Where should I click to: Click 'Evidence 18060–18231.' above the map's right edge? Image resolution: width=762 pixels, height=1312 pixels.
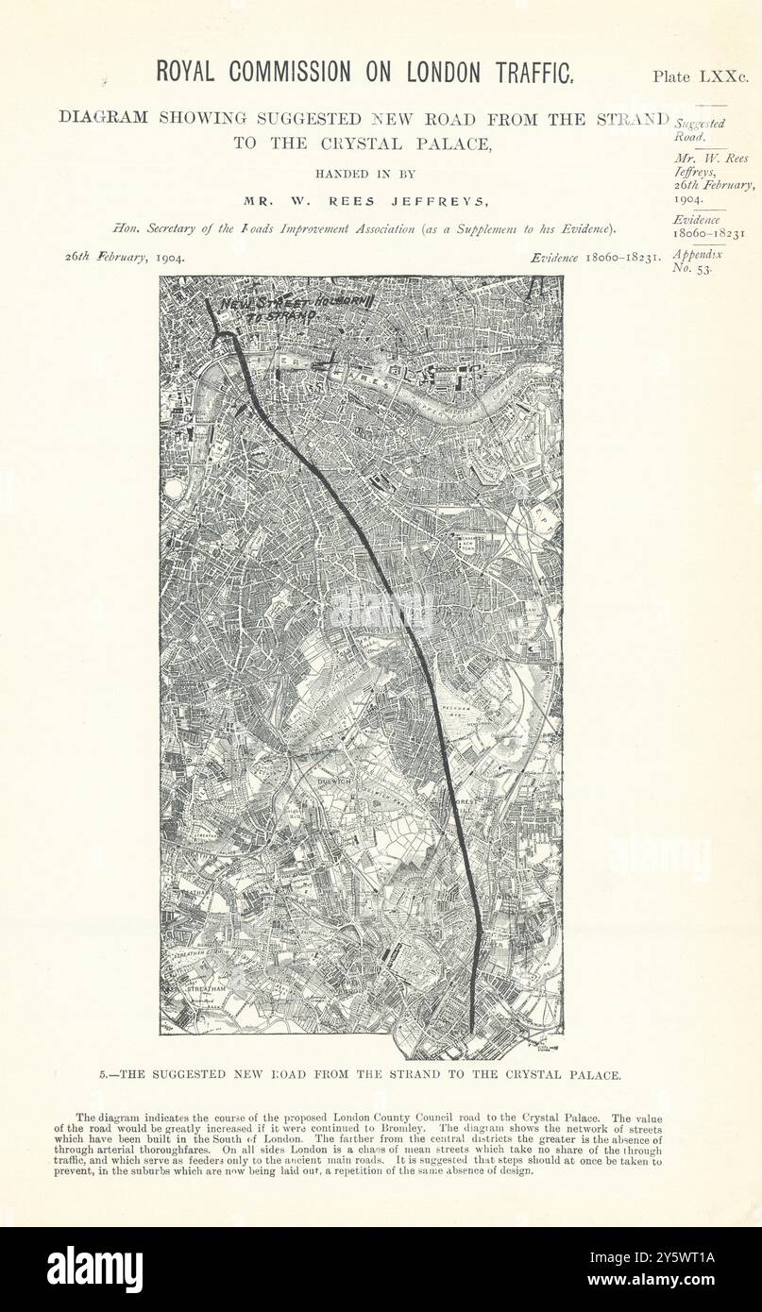coord(594,257)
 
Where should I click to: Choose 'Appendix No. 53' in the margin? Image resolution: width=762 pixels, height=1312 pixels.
coord(697,261)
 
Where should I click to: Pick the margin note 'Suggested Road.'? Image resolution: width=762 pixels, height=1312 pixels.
coord(701,129)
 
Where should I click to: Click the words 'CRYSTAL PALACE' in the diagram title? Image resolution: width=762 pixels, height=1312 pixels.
coord(409,144)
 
